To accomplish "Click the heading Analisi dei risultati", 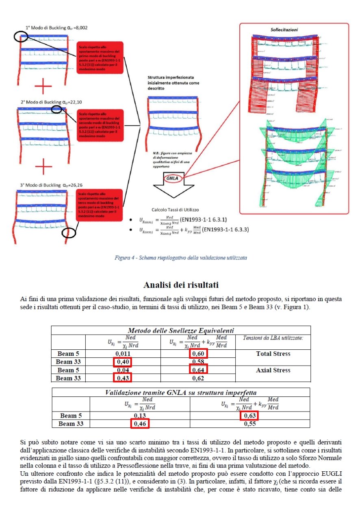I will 180,285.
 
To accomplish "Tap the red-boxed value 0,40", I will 123,362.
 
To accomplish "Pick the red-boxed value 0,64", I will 198,370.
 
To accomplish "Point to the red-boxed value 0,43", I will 123,378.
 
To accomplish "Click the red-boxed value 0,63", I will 249,416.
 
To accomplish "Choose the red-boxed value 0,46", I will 139,424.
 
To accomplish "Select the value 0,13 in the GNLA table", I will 140,416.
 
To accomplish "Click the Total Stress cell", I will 273,354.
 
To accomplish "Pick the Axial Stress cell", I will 273,370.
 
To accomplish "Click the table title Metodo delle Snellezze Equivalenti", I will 180,330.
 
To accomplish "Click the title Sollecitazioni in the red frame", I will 284,30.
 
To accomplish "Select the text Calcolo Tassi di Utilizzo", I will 176,210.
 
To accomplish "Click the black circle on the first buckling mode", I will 22,37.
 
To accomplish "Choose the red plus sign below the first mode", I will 43,86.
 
